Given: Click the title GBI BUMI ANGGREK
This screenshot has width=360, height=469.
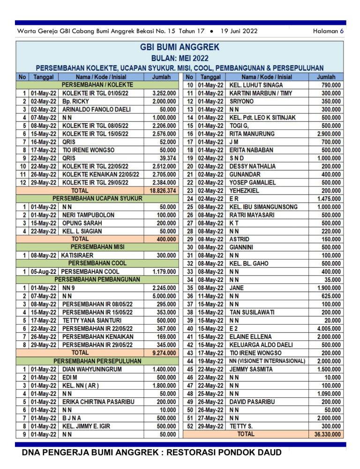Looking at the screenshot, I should pos(180,47).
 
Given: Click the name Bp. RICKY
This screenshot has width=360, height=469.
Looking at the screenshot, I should pos(75,101).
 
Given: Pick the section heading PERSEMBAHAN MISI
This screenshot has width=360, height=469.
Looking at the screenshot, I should pos(97,247).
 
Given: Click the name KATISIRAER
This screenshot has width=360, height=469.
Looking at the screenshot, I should pos(80,255).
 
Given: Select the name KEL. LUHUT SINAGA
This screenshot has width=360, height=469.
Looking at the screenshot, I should pos(256,85).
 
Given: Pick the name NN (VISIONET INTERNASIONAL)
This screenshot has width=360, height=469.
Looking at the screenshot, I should pos(267,361).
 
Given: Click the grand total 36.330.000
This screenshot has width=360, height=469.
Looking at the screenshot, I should pos(328,434).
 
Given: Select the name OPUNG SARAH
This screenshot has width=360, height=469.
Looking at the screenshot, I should pos(82,223).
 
